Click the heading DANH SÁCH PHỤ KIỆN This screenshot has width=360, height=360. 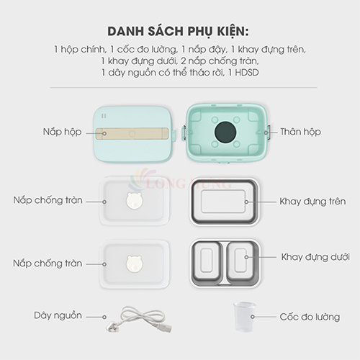coord(178,32)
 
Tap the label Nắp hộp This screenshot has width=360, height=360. coord(62,132)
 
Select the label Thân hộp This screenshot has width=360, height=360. coord(300,132)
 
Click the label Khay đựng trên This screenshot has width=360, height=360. coord(312,202)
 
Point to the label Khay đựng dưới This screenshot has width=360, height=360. coord(315,257)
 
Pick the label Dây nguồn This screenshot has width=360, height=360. coord(58,315)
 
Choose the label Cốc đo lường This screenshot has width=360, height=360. coord(310,317)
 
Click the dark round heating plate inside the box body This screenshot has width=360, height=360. coord(225,132)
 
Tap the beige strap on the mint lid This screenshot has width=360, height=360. coord(132,134)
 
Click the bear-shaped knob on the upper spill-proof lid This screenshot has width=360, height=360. coord(135,200)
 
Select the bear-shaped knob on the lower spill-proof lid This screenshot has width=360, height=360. coord(135,264)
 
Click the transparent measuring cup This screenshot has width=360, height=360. coord(244,317)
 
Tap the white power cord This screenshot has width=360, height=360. coord(140,319)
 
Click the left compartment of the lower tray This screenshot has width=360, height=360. coord(207,261)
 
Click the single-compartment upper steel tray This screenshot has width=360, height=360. coord(224,202)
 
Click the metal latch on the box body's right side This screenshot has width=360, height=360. coord(268,132)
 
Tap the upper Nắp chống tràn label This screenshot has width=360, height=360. coord(48,200)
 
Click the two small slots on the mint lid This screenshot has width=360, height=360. coord(104,116)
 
